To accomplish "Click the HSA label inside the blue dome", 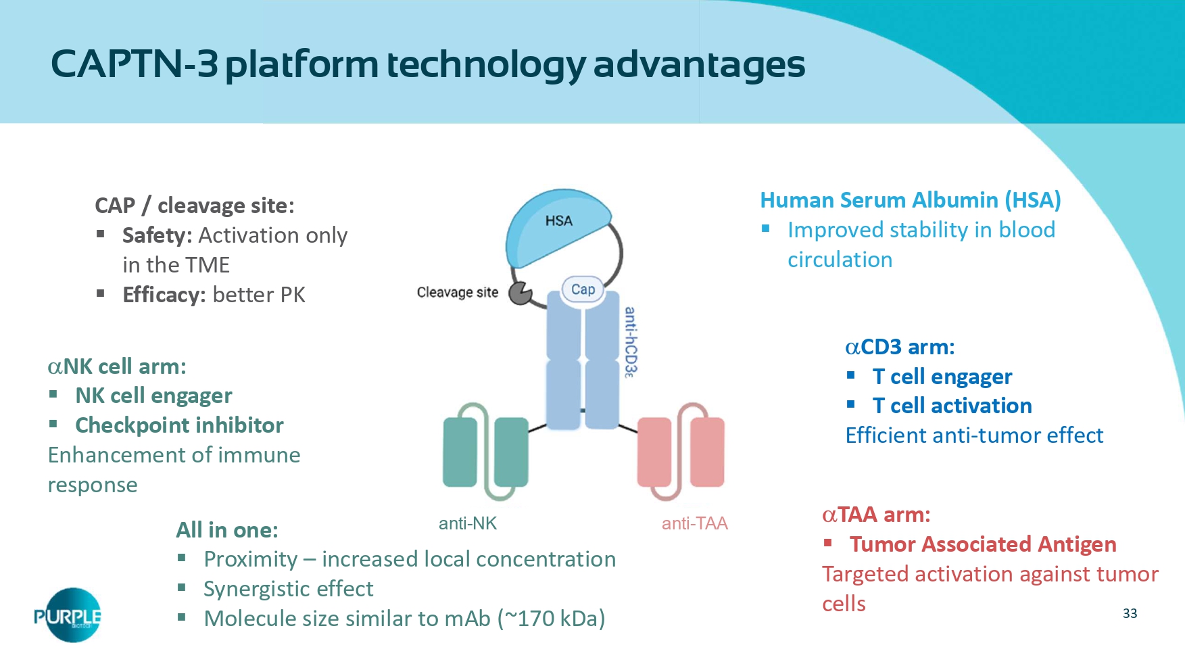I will point(558,221).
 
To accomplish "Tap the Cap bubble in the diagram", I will point(583,289).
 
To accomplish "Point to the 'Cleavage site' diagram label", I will point(457,292).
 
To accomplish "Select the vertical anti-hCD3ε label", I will point(630,341).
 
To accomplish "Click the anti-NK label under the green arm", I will point(467,523).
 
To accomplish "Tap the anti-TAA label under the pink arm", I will point(694,523).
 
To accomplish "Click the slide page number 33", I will point(1130,613).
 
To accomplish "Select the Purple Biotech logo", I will point(68,615).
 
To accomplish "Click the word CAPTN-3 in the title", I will point(134,64).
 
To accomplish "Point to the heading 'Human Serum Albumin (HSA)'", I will point(910,200).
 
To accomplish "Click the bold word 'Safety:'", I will point(157,235).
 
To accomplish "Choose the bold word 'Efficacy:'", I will point(164,295).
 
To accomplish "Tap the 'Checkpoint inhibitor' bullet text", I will point(179,425).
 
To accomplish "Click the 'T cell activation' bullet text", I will point(952,406).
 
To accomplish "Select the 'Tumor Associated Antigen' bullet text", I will point(983,544).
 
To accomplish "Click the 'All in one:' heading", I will point(226,530).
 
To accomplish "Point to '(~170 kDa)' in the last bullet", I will point(551,619).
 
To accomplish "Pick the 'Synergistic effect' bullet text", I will point(288,589).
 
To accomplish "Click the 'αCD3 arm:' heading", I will point(900,347).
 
